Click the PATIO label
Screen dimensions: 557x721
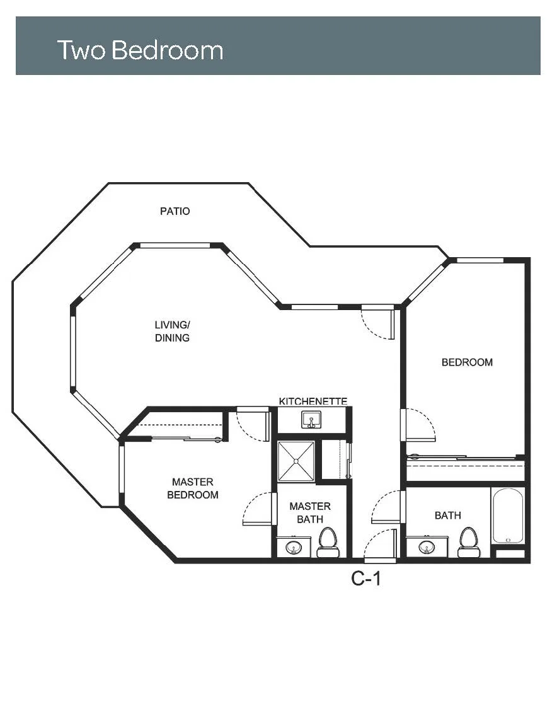point(175,211)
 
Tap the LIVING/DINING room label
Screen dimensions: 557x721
point(173,331)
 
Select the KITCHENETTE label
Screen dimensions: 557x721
point(313,401)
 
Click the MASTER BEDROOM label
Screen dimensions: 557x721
point(193,488)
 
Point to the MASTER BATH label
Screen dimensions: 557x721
point(310,512)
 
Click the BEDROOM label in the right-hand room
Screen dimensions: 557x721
point(467,362)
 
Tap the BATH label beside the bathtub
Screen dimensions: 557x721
point(447,516)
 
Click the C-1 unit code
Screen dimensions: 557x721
point(366,578)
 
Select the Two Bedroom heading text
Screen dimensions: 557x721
point(140,50)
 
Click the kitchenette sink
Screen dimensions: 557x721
point(312,420)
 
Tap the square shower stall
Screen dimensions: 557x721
point(296,461)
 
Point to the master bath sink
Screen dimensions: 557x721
point(294,547)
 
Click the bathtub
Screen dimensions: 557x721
point(507,516)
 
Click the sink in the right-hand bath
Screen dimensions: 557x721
point(427,547)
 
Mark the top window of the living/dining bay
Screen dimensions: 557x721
point(175,245)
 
